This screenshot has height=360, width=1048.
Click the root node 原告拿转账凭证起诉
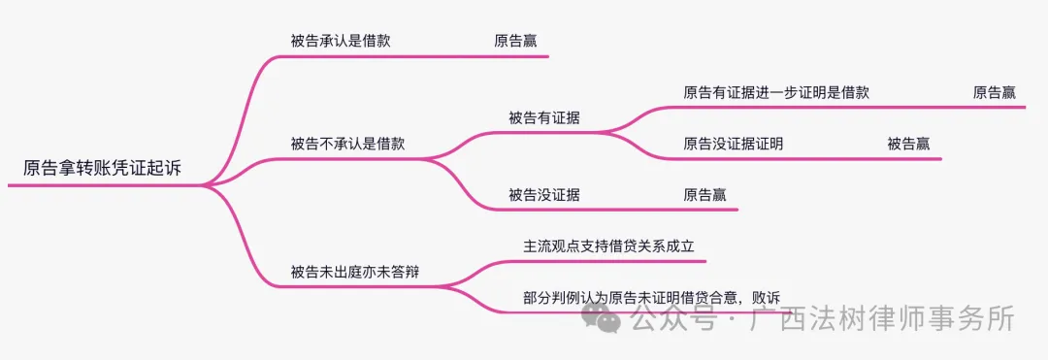point(102,168)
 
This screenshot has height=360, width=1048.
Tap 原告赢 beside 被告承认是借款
point(515,41)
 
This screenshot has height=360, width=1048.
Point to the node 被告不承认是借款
point(347,144)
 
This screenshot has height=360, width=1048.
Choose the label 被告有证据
point(543,118)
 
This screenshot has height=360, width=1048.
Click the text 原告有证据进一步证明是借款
point(776,92)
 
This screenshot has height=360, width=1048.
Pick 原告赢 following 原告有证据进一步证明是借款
point(995,92)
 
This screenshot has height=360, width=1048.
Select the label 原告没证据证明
point(733,144)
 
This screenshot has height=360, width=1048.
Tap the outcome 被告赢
point(908,144)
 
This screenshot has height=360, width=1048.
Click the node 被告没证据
point(543,195)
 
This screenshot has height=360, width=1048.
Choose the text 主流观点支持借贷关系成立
point(608,246)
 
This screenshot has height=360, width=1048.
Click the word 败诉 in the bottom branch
point(766,298)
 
